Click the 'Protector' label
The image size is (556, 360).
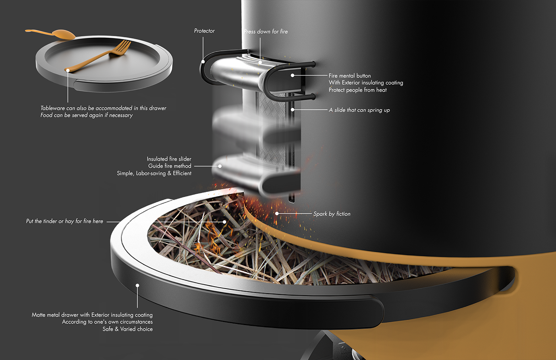(x=204, y=31)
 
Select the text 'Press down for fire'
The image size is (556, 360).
(x=266, y=31)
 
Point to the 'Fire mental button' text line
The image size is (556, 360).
(x=349, y=75)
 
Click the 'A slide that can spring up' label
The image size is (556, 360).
(x=359, y=110)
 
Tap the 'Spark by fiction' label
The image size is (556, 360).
(x=332, y=214)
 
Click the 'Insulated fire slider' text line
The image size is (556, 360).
(x=169, y=159)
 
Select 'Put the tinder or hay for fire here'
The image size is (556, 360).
(x=64, y=221)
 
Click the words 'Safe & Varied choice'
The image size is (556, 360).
(x=127, y=329)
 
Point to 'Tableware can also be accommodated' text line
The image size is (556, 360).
(x=103, y=108)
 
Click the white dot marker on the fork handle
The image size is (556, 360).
(x=68, y=70)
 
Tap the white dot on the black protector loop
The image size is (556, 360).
(x=203, y=62)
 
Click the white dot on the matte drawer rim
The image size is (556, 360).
(x=137, y=285)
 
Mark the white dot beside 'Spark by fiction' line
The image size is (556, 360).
(x=277, y=213)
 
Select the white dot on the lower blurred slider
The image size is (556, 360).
(x=220, y=166)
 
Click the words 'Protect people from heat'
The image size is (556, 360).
(x=357, y=90)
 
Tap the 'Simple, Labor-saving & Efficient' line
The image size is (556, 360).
(x=154, y=173)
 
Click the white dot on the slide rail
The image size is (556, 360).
(x=293, y=110)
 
